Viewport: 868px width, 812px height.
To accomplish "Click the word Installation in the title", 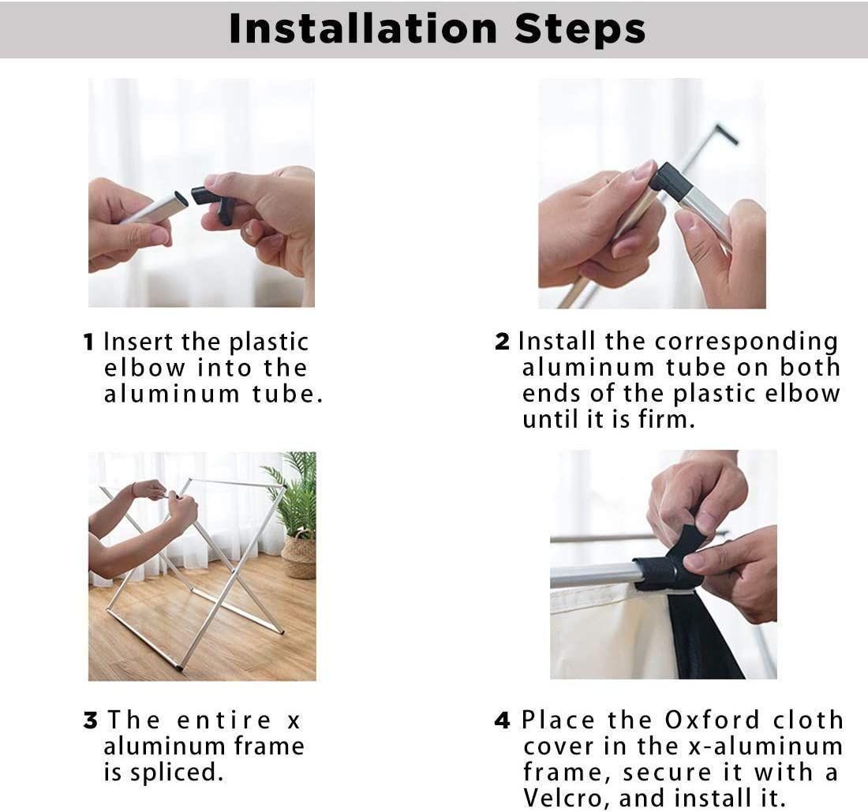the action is point(363,28).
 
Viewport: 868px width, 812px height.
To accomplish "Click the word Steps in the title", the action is point(580,28).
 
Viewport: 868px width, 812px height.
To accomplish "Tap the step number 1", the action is point(88,342).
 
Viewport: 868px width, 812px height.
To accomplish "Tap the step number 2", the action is point(502,342).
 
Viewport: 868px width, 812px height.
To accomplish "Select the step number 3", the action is point(91,720).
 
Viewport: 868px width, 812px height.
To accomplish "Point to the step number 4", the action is point(502,720).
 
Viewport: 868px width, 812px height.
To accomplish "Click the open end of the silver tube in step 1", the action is point(181,198).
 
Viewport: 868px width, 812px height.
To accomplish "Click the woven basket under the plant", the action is point(299,556).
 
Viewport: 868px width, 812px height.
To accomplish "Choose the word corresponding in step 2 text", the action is point(746,342).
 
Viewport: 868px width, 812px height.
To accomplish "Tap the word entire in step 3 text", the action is point(224,720).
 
